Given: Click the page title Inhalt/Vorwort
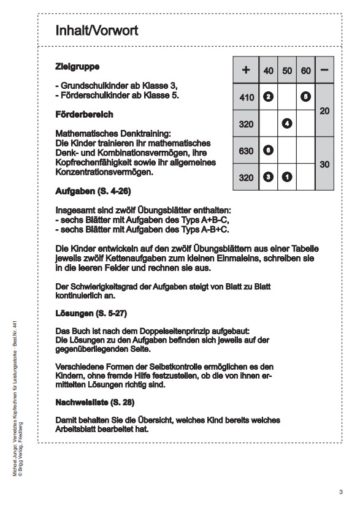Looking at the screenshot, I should pos(96,30).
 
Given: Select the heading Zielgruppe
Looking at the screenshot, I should pos(77,66).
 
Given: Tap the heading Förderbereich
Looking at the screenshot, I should pos(83,115).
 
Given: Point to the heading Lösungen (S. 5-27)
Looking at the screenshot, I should pos(90,313).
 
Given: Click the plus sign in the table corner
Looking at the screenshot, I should pos(246,70).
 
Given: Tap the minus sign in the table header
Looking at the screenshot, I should pos(324,70).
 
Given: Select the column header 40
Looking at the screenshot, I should pos(268,71).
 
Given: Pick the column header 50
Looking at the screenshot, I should pos(286,71).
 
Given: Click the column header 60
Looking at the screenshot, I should pos(305,71).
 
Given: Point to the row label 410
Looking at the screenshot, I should pos(246,97).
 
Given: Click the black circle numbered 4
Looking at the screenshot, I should pos(286,124).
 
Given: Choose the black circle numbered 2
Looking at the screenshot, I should pos(267,97).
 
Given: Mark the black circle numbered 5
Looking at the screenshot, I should pos(305,97).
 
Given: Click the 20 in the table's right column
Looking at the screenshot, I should pos(324,110).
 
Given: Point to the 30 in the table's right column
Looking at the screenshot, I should pos(324,164).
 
